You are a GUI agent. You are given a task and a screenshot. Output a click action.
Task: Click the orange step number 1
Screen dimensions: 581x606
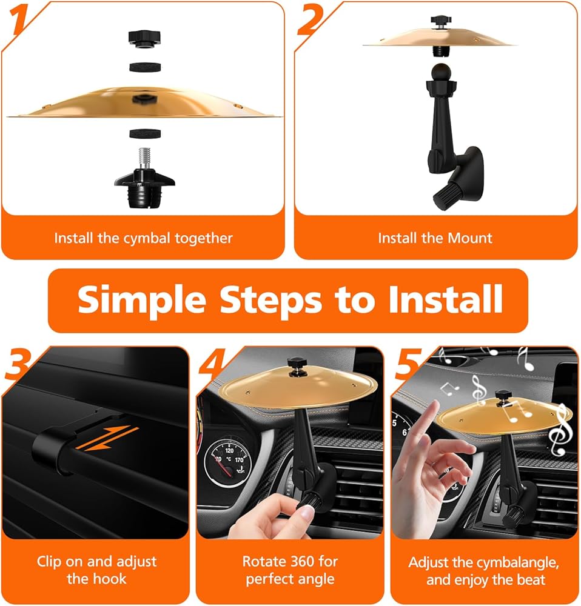[19, 19]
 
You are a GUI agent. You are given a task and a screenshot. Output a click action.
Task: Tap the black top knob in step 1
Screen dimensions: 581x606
[144, 39]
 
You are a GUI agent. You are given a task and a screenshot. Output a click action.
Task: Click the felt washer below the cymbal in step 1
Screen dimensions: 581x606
[145, 134]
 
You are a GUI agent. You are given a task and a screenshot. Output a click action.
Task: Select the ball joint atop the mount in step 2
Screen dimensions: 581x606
[442, 72]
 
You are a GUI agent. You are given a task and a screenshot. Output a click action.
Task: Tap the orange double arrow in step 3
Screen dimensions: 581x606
[107, 438]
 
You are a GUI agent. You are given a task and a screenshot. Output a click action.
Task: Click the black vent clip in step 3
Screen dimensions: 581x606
[54, 450]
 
